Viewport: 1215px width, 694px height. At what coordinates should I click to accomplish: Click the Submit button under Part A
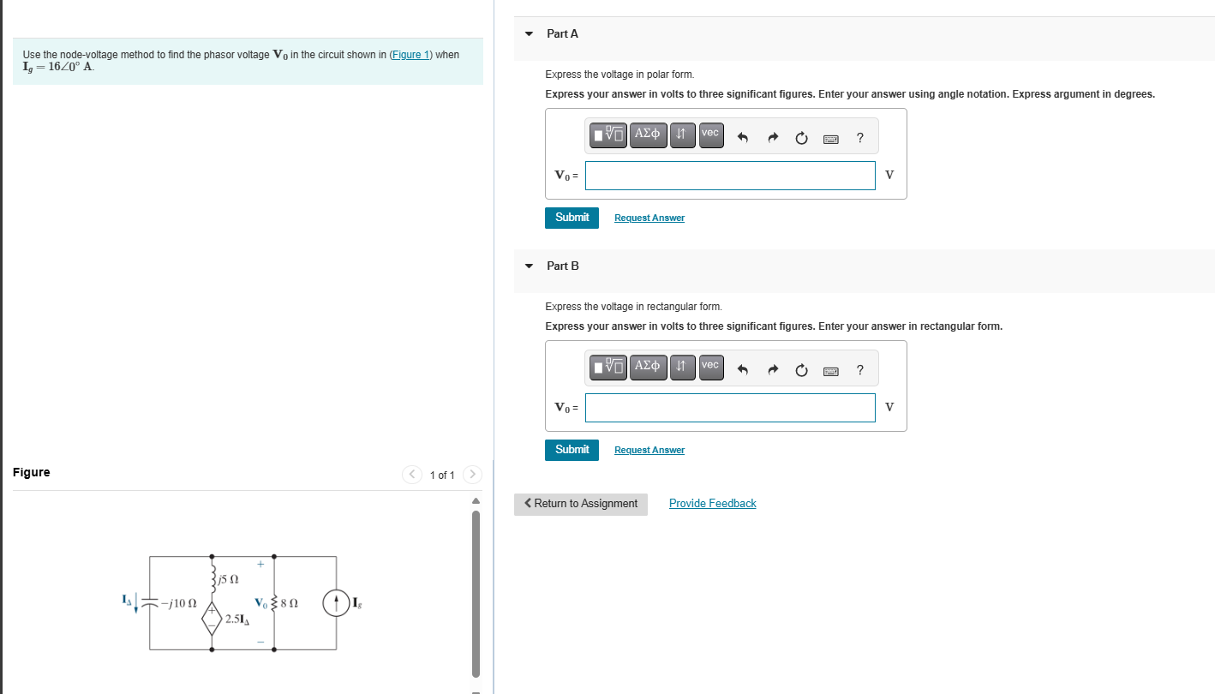[572, 218]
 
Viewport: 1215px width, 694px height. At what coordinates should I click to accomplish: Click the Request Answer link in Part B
[649, 450]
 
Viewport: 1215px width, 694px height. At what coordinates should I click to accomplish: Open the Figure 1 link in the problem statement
[410, 55]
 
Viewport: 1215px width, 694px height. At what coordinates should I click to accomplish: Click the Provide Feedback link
[712, 504]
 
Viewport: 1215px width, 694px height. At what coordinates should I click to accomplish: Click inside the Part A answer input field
[730, 176]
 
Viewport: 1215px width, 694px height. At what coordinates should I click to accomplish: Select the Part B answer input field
[730, 408]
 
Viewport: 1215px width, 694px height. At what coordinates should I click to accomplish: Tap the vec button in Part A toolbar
[710, 135]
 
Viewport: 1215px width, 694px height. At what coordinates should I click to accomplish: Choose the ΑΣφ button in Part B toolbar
[648, 367]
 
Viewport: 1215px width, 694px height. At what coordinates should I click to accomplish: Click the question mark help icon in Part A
[859, 138]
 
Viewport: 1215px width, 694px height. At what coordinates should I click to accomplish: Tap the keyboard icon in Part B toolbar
[830, 371]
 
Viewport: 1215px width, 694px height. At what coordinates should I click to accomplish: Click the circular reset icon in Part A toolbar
[801, 138]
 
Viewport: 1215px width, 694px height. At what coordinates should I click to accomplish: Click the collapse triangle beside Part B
[529, 266]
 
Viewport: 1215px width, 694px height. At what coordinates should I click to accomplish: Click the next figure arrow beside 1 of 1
[472, 475]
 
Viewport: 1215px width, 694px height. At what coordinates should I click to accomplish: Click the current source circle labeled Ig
[336, 603]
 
